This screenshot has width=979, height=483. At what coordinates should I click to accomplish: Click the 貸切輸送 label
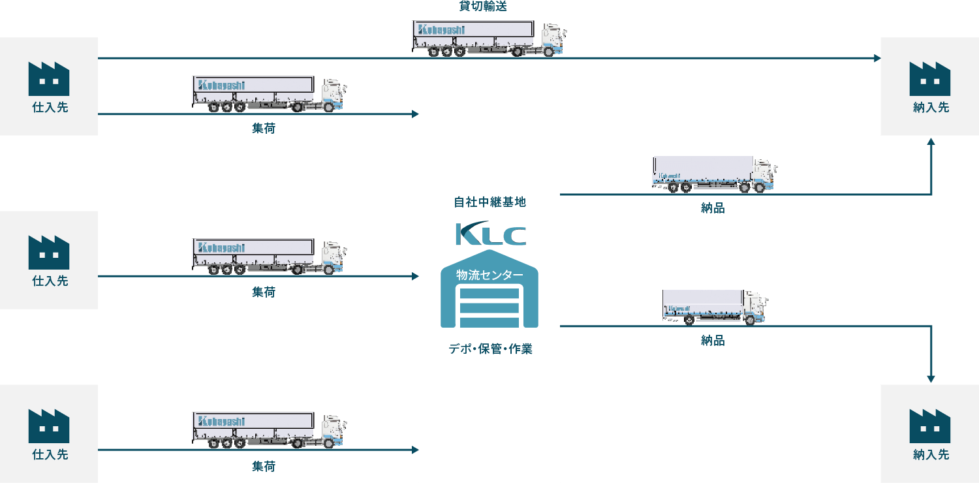click(x=484, y=7)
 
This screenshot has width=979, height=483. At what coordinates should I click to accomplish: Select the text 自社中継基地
click(x=489, y=202)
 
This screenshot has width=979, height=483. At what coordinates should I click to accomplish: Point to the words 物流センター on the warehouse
click(x=489, y=275)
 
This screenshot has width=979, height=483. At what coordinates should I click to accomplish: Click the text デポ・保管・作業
click(x=490, y=349)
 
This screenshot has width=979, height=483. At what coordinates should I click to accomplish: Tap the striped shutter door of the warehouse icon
click(x=489, y=307)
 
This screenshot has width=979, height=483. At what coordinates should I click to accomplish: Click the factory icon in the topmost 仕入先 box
click(x=49, y=79)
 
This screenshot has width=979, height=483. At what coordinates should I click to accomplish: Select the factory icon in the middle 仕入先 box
click(x=49, y=253)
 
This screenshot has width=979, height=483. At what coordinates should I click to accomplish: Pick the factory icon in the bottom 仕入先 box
click(x=49, y=426)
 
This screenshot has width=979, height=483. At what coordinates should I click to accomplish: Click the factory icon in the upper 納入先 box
click(x=930, y=79)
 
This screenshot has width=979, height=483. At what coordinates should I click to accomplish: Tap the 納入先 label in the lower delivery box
click(x=931, y=455)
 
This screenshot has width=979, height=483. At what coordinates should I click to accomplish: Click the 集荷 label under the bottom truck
click(x=264, y=467)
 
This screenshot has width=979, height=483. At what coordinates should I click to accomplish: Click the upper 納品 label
click(x=713, y=209)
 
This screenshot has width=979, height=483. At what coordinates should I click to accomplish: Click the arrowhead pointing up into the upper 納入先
click(x=931, y=141)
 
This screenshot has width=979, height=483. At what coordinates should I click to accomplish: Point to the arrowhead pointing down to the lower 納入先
click(x=931, y=379)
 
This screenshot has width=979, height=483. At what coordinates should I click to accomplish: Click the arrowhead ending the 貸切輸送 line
click(x=877, y=58)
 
